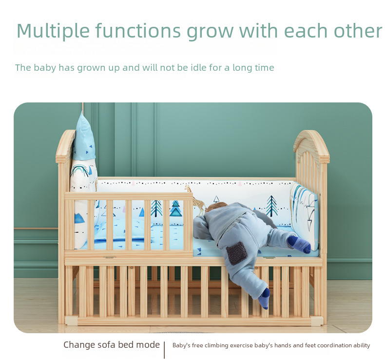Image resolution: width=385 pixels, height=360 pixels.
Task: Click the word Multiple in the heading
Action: point(53,31)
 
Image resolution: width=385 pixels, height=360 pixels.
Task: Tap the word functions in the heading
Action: point(138,30)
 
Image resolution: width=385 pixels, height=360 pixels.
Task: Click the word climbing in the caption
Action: point(216,346)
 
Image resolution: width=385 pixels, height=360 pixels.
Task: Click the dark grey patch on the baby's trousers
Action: point(237,253)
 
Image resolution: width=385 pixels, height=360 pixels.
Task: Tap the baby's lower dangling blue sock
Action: point(264,298)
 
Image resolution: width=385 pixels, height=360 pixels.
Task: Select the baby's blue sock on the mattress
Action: point(299,244)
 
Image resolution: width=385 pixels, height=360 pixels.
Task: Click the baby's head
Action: point(215,207)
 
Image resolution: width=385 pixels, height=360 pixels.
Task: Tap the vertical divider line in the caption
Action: point(164,350)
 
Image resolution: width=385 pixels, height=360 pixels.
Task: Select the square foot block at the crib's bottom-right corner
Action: point(317,321)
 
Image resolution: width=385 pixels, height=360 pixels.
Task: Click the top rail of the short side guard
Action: point(129,196)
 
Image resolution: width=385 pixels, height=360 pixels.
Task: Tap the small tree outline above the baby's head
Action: point(216,199)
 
